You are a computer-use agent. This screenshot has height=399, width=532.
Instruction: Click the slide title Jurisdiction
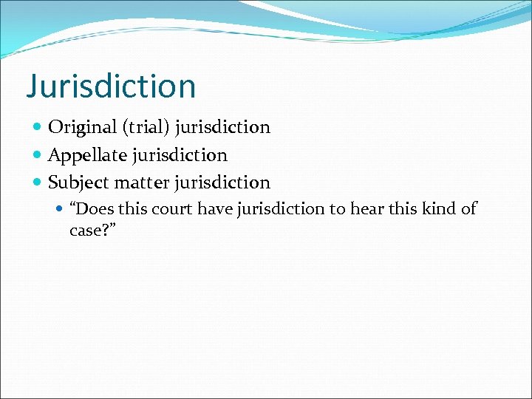[111, 86]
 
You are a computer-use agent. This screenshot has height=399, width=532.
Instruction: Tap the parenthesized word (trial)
[146, 127]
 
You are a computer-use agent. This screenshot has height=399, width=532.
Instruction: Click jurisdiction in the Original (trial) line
[223, 127]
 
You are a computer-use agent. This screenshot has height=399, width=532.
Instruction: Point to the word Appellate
[86, 155]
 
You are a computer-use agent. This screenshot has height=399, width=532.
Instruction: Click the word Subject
[78, 183]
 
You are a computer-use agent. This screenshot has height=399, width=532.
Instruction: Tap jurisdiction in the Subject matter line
[223, 183]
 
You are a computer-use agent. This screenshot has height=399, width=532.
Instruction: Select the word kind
[437, 209]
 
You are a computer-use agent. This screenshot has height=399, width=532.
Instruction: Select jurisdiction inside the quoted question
[282, 209]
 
